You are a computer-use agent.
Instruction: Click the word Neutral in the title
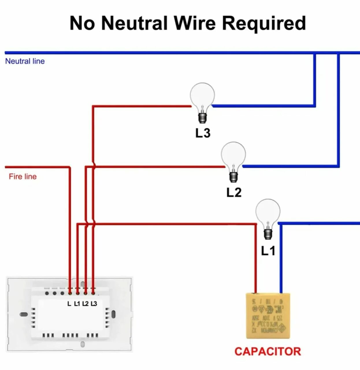pos(134,23)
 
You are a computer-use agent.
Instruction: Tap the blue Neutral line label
pos(25,61)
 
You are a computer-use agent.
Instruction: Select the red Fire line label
pos(23,177)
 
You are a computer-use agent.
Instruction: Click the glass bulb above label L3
pos(202,95)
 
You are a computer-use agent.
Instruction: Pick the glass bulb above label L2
pos(233,154)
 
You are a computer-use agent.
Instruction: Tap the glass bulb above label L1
pos(268,211)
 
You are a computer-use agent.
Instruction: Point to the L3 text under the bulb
pos(203,133)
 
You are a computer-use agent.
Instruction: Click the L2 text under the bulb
pos(234,193)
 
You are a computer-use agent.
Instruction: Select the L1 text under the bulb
pos(268,251)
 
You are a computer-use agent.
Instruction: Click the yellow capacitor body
pos(268,316)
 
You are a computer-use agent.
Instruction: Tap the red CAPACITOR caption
pos(268,352)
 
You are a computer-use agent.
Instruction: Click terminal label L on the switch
pos(69,304)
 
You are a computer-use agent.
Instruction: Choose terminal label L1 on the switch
pos(77,304)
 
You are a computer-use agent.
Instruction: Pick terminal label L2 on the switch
pos(85,304)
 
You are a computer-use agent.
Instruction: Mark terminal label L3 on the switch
pos(94,304)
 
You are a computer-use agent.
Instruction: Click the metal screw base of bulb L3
pos(202,118)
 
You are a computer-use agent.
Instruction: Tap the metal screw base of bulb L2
pos(233,177)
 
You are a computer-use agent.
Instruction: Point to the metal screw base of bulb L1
pos(268,234)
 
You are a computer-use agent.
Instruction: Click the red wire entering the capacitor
pos(256,260)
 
